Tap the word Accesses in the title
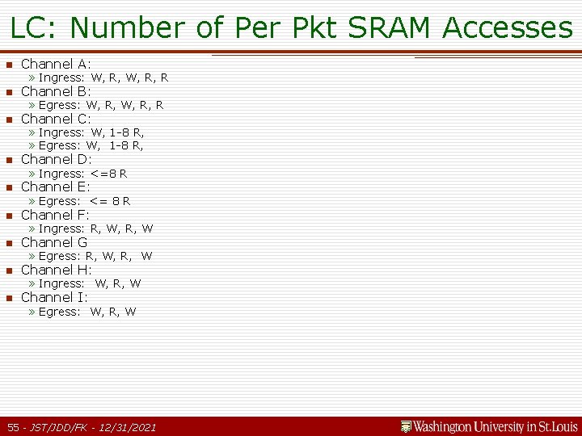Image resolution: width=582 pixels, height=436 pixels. [508, 27]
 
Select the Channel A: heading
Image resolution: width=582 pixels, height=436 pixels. [56, 64]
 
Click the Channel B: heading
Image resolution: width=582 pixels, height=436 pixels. [56, 91]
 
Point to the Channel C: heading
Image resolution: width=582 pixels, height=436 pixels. [56, 119]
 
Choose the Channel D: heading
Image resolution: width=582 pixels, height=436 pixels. [56, 159]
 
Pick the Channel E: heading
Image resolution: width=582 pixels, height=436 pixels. [55, 187]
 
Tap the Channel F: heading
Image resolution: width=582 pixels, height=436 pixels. [55, 215]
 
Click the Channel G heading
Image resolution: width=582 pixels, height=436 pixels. [54, 242]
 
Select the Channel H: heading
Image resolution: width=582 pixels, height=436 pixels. [56, 270]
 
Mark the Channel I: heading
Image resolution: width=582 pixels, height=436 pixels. [54, 297]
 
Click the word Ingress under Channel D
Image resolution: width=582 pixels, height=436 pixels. [61, 174]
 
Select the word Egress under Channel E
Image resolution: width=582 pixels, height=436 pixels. [59, 201]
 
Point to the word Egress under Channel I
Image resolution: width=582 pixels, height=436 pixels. [59, 312]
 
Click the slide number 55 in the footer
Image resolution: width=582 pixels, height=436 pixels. [14, 426]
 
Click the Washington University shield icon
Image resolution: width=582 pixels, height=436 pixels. [406, 426]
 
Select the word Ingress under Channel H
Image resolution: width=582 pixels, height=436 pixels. [61, 283]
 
